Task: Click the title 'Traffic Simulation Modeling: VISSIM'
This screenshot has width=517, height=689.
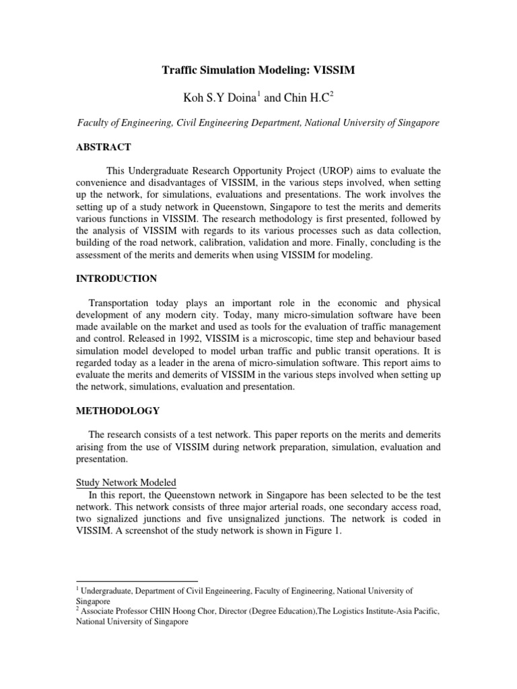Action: (x=258, y=69)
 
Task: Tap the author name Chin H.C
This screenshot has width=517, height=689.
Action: (x=310, y=99)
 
